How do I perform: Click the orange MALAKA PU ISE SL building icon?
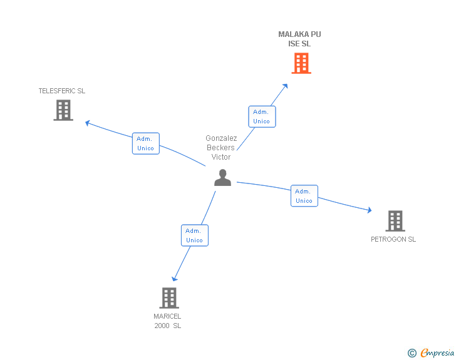tap(301, 63)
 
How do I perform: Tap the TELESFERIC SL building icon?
tap(63, 110)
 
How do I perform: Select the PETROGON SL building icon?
tap(395, 221)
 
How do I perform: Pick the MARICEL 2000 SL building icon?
tap(169, 298)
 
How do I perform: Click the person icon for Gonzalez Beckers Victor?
tap(222, 178)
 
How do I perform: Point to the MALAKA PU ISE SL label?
tap(299, 39)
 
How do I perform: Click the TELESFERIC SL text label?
tap(62, 91)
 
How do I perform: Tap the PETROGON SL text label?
tap(393, 239)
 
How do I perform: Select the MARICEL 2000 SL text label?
tap(168, 321)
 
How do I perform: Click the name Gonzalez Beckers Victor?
tap(221, 148)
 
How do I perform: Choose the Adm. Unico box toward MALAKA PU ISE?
tap(261, 116)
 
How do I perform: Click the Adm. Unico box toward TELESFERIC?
tap(145, 143)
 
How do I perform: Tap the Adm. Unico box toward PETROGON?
tap(304, 196)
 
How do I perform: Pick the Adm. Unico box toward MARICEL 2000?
tap(194, 235)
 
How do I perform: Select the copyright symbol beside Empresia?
tap(412, 354)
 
